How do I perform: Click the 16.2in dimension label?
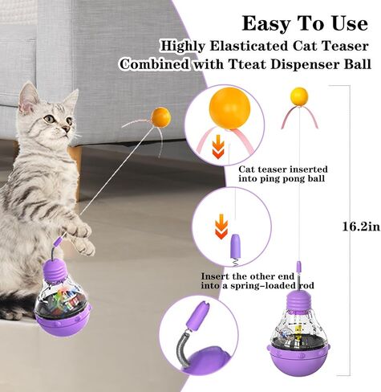pyautogui.click(x=361, y=227)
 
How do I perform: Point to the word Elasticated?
pyautogui.click(x=249, y=46)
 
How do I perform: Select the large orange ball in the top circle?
pyautogui.click(x=229, y=108)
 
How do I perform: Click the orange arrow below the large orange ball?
pyautogui.click(x=218, y=146)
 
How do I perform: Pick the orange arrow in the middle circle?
pyautogui.click(x=221, y=226)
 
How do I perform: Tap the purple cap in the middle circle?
pyautogui.click(x=235, y=246)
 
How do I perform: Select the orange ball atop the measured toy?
pyautogui.click(x=299, y=96)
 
